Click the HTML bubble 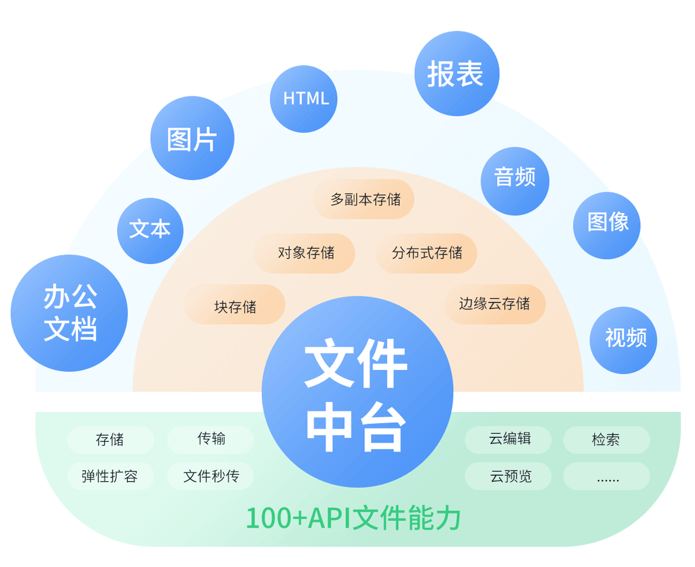click(x=303, y=99)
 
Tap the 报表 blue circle click(x=457, y=73)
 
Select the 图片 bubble click(x=193, y=138)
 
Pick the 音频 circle click(x=515, y=181)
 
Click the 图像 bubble click(x=607, y=225)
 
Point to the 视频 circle click(x=624, y=340)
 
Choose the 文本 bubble click(x=150, y=231)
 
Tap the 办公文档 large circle click(x=69, y=313)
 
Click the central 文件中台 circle click(x=358, y=392)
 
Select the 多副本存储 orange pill click(x=364, y=199)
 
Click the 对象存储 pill click(x=304, y=253)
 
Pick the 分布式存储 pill click(x=427, y=253)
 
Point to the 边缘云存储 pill click(x=495, y=304)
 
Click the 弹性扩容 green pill click(x=111, y=476)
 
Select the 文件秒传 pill click(x=210, y=476)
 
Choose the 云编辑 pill click(x=508, y=440)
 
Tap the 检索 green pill click(x=607, y=440)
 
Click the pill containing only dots click(x=607, y=476)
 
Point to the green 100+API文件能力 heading click(x=353, y=517)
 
